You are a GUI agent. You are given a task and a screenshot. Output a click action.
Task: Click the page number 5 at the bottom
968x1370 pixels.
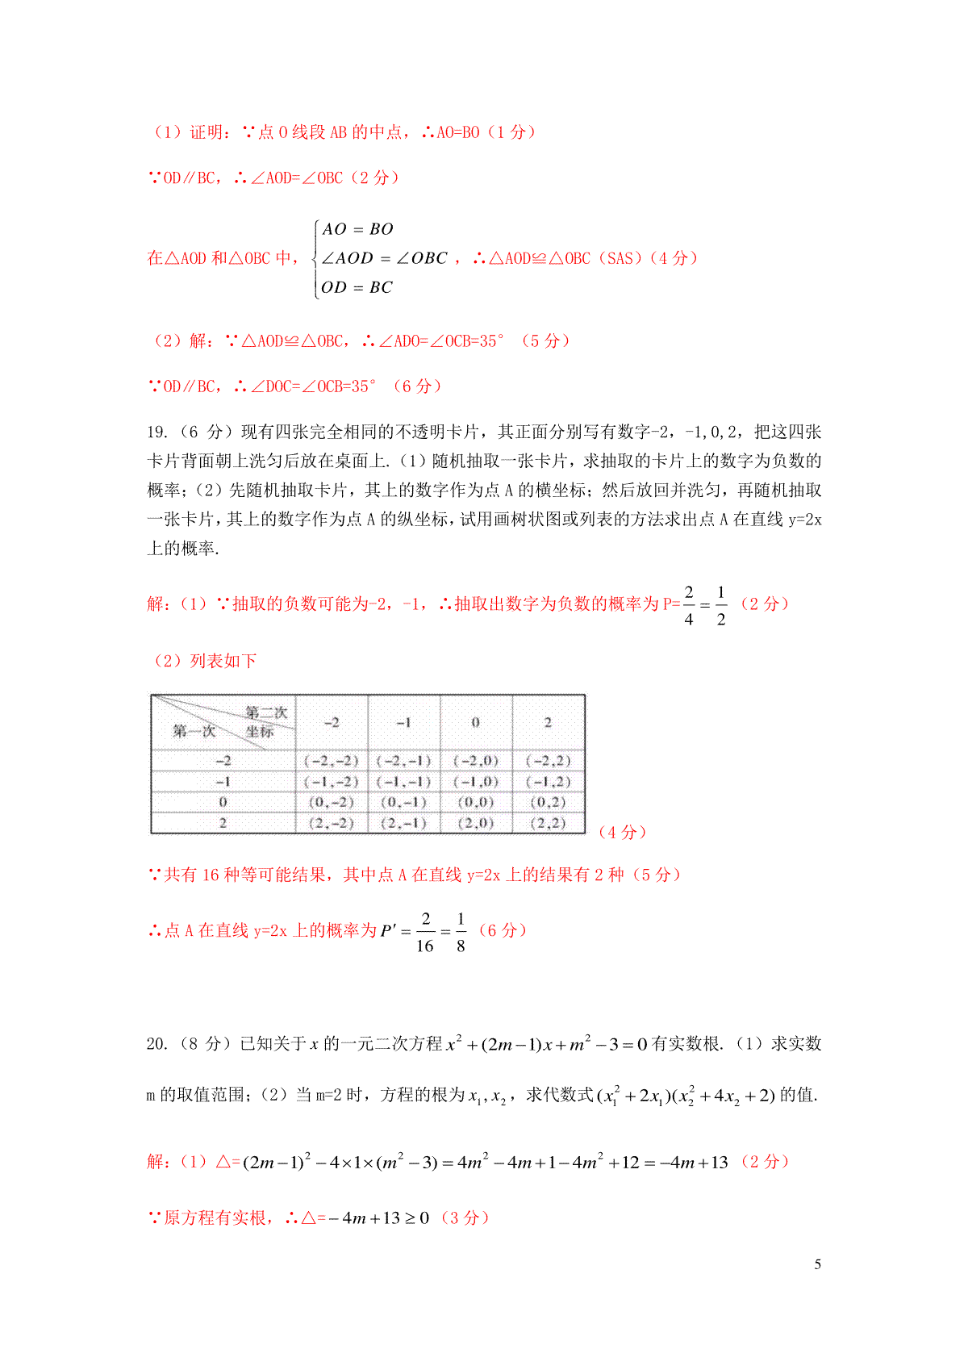[x=817, y=1264]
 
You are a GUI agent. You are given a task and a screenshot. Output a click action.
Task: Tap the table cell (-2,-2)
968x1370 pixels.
[x=331, y=760]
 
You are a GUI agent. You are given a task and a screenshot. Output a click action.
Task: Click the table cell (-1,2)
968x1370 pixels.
[x=548, y=781]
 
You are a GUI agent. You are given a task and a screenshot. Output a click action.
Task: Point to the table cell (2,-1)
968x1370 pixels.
[x=403, y=823]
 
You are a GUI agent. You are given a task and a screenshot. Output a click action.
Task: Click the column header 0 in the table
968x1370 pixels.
[x=476, y=722]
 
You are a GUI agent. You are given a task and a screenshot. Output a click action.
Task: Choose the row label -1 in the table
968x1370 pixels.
[x=223, y=781]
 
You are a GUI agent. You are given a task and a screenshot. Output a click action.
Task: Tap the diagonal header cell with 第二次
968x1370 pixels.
[x=223, y=722]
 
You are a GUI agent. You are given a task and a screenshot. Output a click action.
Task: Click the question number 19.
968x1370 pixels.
[x=157, y=432]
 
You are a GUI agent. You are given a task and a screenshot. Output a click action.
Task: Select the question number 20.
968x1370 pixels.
[x=157, y=1044]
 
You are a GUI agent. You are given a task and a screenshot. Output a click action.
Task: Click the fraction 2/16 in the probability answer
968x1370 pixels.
[x=425, y=932]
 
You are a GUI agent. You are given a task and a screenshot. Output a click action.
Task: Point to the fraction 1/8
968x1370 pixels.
[x=461, y=932]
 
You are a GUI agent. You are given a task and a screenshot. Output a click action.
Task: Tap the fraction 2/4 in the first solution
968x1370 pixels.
[x=689, y=605]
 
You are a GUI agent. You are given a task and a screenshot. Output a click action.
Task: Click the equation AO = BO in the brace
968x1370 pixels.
[x=357, y=229]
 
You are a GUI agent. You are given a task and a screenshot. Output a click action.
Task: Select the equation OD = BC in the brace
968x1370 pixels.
[x=357, y=287]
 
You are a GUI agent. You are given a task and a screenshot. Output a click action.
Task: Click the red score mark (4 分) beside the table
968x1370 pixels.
[x=622, y=833]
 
